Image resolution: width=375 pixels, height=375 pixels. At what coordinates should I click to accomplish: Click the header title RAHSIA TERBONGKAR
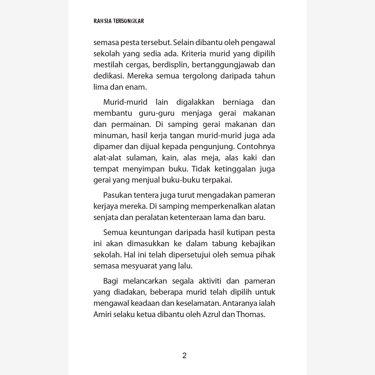pyautogui.click(x=119, y=21)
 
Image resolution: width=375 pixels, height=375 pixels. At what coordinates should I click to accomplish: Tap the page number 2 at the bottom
pyautogui.click(x=185, y=356)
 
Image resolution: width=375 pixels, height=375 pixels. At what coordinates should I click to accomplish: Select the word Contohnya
pyautogui.click(x=256, y=147)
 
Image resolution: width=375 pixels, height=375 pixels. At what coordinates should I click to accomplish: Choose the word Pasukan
pyautogui.click(x=117, y=195)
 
